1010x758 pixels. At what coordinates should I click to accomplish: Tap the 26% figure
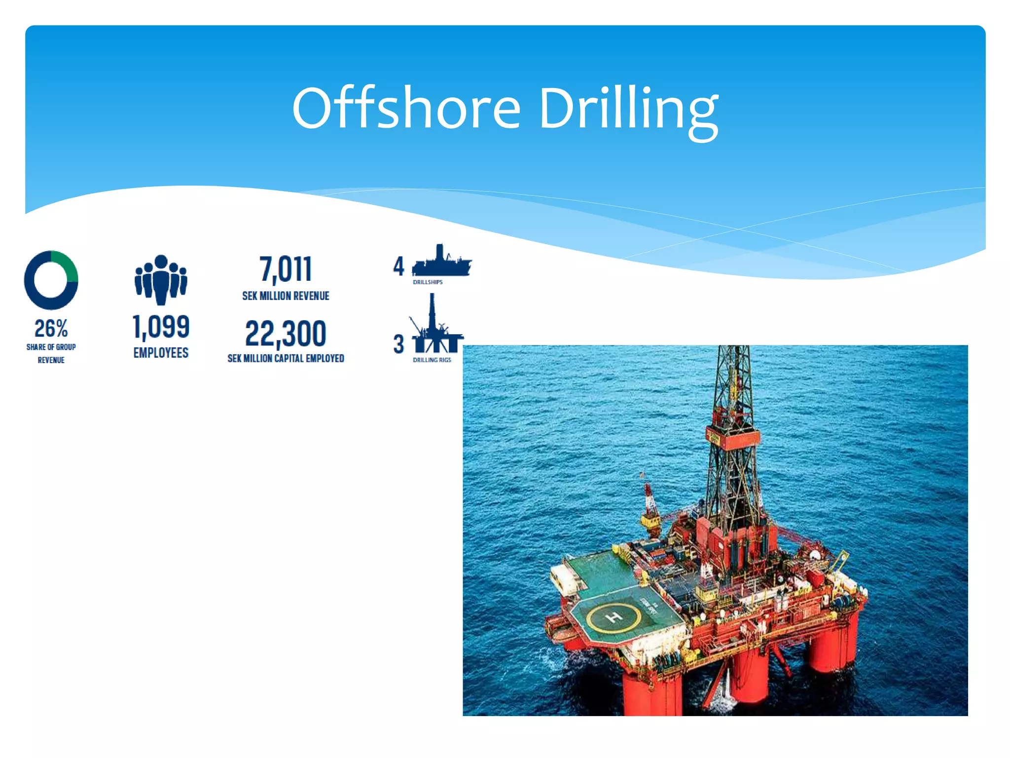coord(51,328)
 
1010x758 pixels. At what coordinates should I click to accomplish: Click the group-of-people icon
coord(161,279)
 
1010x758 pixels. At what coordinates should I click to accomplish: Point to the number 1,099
coord(161,327)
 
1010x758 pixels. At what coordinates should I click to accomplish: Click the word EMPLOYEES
coord(161,353)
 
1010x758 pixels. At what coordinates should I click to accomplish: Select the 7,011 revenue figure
coord(286,269)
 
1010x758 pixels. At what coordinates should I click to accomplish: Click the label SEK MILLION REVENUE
coord(286,296)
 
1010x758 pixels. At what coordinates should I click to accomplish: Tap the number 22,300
coord(286,334)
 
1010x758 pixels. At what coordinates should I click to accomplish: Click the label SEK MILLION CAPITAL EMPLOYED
coord(286,358)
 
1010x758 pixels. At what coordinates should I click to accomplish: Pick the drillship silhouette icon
coord(441,262)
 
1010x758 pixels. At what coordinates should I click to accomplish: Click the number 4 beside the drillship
coord(398,266)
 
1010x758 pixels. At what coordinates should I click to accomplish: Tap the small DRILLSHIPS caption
coord(428,282)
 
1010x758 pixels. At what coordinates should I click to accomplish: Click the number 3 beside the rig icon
coord(398,344)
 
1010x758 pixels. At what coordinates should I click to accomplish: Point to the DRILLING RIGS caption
coord(432,360)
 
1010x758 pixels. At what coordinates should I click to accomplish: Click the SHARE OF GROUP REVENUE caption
coord(51,353)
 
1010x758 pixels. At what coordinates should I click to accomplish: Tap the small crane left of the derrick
coord(650,508)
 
